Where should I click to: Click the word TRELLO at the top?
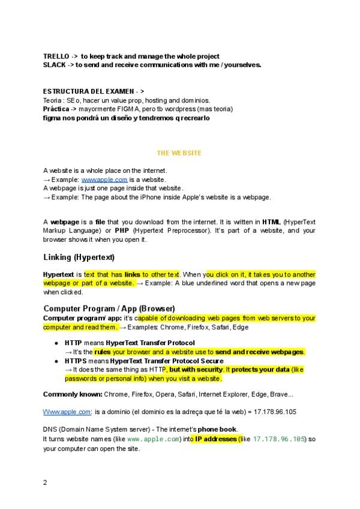click(x=56, y=56)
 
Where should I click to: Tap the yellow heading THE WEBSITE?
click(x=179, y=153)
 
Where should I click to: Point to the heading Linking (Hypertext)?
click(x=79, y=258)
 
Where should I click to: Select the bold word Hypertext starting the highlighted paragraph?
click(x=58, y=274)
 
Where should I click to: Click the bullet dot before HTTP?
click(x=56, y=343)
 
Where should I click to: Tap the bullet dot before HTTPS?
click(x=56, y=361)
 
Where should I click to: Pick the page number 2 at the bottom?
click(x=45, y=482)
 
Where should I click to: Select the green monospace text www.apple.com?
click(x=153, y=439)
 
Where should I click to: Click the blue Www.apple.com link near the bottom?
click(x=67, y=412)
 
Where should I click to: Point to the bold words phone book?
click(x=218, y=429)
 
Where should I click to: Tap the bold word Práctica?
click(x=56, y=109)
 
